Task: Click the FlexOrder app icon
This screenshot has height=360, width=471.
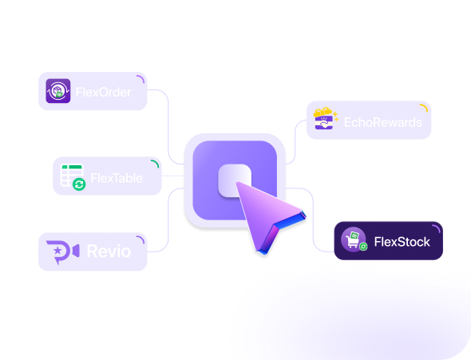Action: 58,91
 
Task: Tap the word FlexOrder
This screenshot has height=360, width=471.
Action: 103,92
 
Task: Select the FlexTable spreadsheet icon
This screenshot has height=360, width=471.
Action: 72,176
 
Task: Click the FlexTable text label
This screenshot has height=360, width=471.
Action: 117,178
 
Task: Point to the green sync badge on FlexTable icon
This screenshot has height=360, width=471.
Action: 79,184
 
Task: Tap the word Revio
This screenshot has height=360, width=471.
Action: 109,251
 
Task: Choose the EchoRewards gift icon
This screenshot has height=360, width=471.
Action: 326,119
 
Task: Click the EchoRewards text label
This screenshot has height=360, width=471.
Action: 383,122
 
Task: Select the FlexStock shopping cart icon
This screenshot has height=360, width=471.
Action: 354,239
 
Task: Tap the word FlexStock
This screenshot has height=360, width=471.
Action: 402,242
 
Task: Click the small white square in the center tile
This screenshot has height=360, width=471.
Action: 235,180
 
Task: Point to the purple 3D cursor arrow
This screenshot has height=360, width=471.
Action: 267,215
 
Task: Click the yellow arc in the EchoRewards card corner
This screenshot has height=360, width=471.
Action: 425,107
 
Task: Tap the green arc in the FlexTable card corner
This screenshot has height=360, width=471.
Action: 156,163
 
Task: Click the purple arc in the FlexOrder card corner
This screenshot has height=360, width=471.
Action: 141,78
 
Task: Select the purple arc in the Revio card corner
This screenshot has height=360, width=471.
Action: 141,239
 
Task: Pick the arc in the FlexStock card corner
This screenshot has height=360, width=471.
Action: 437,227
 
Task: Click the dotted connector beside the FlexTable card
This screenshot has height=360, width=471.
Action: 173,176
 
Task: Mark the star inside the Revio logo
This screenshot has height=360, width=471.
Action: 57,250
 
